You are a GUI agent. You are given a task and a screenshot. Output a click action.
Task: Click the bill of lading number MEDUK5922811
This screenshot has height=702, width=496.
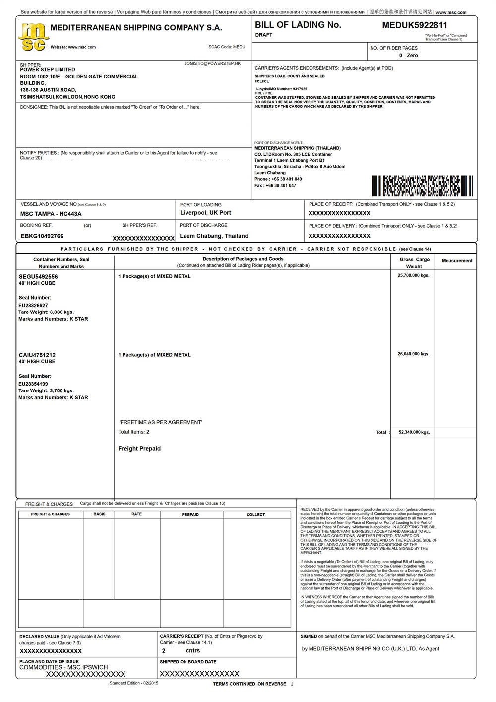tap(414, 25)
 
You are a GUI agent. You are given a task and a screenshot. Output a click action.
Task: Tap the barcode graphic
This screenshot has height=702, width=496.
tap(422, 186)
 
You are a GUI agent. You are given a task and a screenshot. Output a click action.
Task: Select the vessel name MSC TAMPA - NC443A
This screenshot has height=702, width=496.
tap(51, 214)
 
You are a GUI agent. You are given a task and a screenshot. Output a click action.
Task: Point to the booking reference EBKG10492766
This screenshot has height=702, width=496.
tap(42, 236)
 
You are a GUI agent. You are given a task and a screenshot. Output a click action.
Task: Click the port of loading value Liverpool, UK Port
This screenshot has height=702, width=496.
tap(205, 213)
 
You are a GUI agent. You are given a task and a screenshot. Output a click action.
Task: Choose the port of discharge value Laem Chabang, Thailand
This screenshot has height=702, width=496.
tap(214, 236)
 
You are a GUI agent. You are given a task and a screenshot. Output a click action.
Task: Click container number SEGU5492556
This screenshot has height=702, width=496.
tap(38, 276)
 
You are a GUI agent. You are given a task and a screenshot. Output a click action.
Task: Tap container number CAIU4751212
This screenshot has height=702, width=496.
tap(37, 355)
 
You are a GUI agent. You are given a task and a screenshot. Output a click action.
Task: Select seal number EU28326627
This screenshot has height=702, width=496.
tap(33, 305)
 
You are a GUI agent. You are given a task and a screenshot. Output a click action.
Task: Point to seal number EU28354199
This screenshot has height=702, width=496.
tap(33, 384)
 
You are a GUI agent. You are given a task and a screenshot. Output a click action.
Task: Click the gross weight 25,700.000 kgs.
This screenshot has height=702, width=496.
tap(413, 275)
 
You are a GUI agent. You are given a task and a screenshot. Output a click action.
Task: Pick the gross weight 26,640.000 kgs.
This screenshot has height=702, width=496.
tap(413, 354)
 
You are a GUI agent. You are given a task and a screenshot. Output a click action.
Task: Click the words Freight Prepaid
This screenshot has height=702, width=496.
tap(139, 449)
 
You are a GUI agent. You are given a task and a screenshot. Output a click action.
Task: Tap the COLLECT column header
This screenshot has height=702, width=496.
tap(255, 515)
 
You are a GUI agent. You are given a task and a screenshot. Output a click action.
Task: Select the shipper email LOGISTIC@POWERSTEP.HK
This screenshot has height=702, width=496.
tap(212, 64)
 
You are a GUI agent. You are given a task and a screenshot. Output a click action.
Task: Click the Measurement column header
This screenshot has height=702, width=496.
tap(457, 261)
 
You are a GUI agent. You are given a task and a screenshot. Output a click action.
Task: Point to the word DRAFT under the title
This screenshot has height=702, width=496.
tap(264, 35)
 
